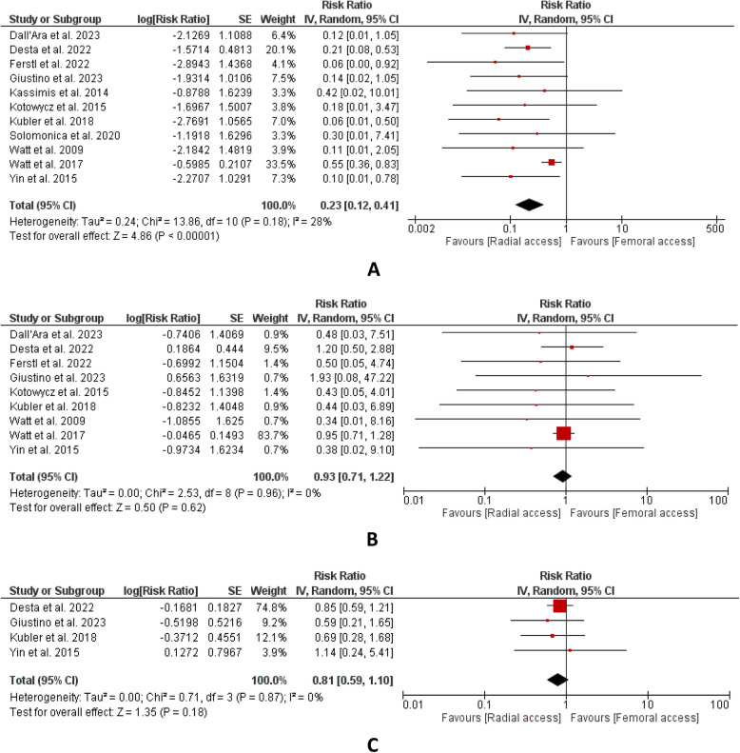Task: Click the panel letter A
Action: click(x=374, y=269)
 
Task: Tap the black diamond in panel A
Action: click(x=530, y=204)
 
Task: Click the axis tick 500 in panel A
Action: click(x=715, y=228)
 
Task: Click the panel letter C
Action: click(x=374, y=734)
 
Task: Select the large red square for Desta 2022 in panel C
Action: click(x=559, y=605)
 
